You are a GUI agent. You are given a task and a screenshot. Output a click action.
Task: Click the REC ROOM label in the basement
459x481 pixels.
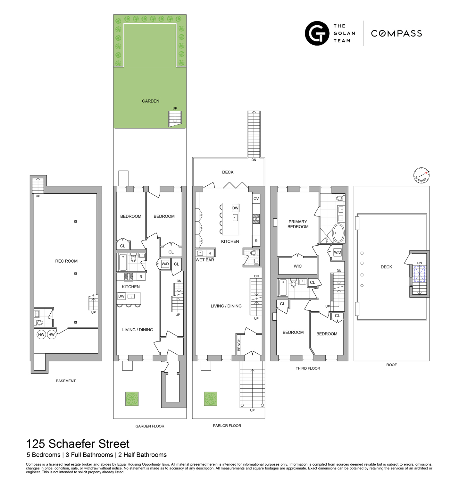[66, 261]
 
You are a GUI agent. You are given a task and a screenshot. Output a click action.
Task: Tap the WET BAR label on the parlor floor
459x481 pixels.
[205, 260]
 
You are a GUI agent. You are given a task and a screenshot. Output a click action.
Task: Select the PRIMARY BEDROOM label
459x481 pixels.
[298, 224]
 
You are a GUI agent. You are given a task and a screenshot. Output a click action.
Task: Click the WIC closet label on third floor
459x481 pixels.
[297, 266]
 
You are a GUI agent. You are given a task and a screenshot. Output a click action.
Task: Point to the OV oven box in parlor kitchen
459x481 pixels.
[256, 199]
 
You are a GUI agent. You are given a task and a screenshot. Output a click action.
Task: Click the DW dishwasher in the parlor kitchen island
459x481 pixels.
[235, 208]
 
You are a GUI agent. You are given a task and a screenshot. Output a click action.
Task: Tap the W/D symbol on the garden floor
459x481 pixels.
[165, 264]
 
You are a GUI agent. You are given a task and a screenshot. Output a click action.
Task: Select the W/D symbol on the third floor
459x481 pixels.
[338, 252]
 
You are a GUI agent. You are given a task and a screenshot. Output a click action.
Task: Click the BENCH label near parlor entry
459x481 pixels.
[239, 345]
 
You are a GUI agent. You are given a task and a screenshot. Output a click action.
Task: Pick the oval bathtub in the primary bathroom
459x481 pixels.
[338, 233]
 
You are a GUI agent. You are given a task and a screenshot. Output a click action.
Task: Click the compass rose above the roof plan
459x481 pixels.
[421, 176]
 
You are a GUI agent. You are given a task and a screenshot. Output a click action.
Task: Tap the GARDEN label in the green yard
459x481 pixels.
[151, 101]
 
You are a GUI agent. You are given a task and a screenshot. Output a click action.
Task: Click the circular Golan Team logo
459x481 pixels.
[317, 33]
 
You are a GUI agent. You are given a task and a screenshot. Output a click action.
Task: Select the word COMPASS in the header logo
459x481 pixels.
[396, 33]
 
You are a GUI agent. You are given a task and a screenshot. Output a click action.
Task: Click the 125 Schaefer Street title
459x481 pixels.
[78, 444]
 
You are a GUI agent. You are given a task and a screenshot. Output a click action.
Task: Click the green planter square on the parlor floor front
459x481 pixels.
[210, 399]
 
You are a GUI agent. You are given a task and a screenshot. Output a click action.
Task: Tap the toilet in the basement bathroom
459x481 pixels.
[39, 322]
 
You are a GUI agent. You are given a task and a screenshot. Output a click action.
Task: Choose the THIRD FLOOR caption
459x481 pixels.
[308, 368]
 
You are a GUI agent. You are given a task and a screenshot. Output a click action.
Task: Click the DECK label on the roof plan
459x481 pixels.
[386, 267]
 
